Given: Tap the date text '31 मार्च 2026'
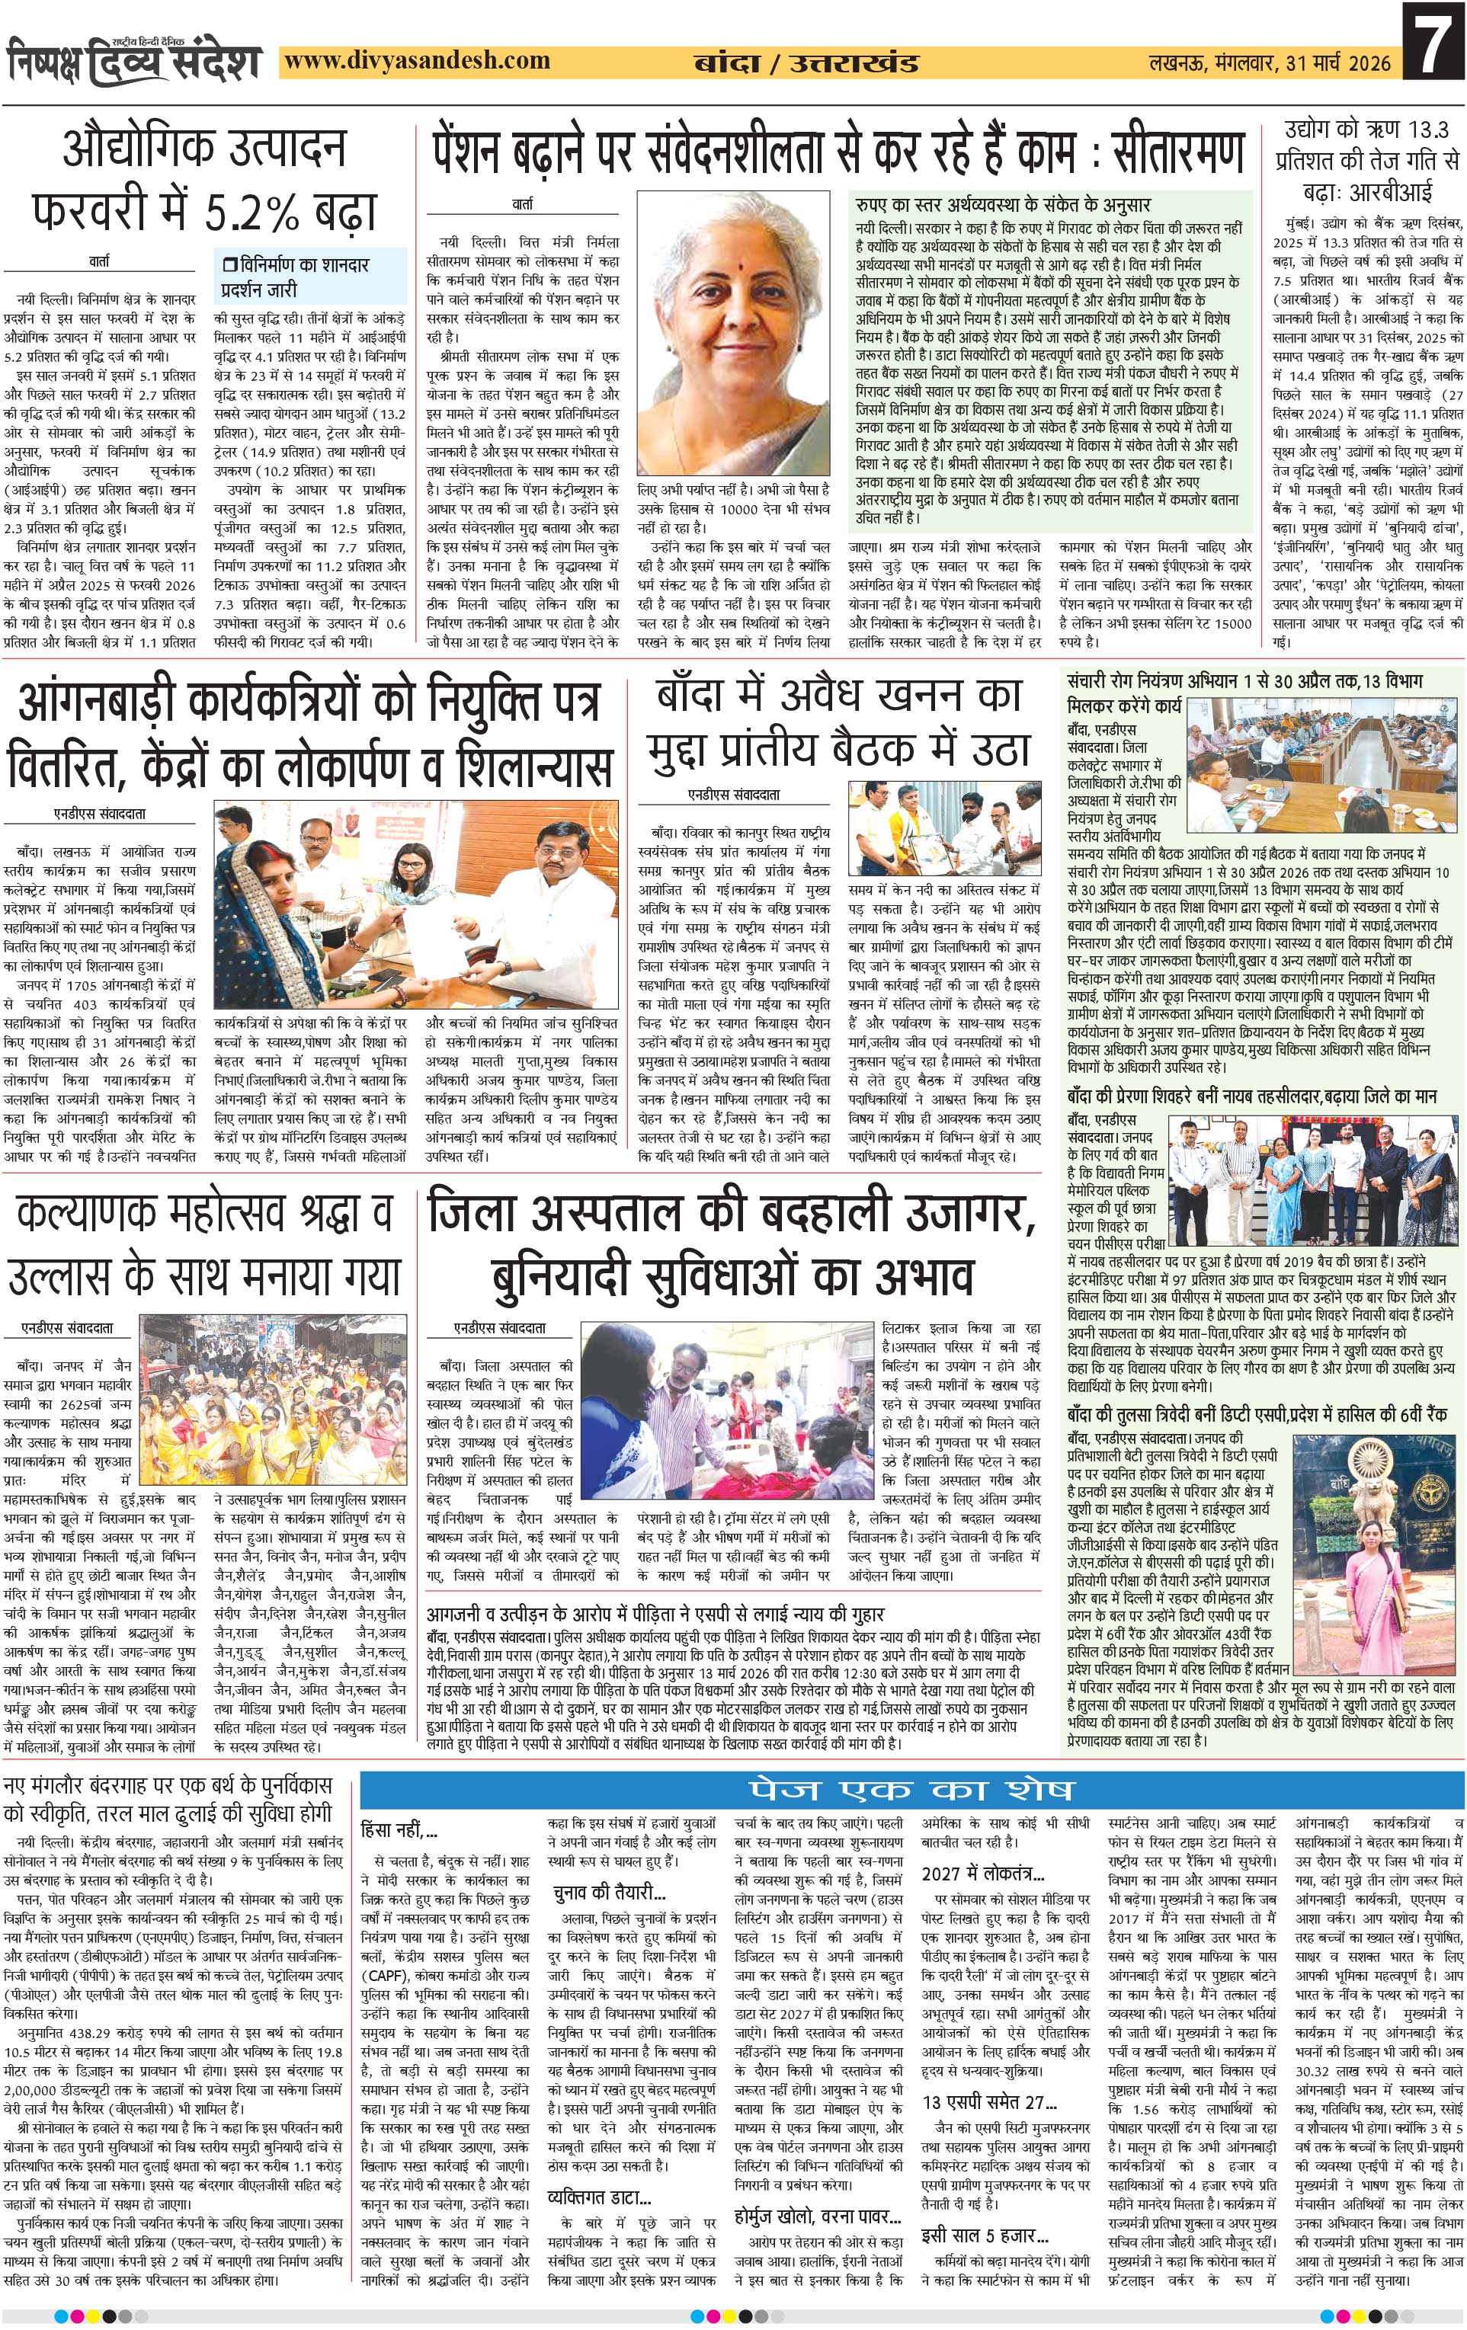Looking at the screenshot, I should pyautogui.click(x=1340, y=64).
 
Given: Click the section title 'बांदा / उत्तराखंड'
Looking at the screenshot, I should pyautogui.click(x=806, y=64).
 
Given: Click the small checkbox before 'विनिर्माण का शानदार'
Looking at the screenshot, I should pyautogui.click(x=229, y=264).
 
